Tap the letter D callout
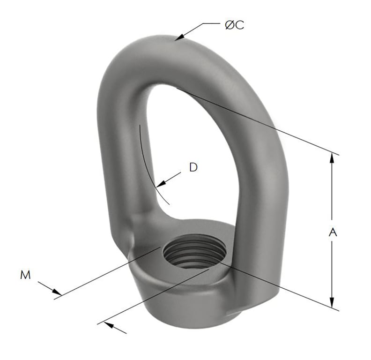tap(193, 167)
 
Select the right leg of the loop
tap(260, 187)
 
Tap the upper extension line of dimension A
tap(258, 120)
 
